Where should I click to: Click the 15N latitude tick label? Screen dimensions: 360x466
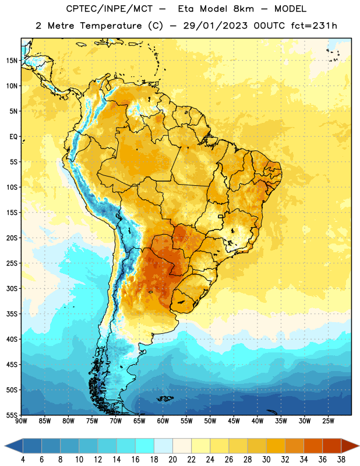click(12, 61)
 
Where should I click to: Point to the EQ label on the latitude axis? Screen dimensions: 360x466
click(13, 137)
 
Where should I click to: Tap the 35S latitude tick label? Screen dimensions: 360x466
click(12, 314)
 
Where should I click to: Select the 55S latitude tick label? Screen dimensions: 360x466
click(12, 415)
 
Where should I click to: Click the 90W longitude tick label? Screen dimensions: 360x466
click(21, 421)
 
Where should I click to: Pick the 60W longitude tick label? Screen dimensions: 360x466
click(163, 421)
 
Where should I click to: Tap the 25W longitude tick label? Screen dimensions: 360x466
click(328, 421)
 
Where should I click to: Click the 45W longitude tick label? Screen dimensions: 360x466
click(234, 421)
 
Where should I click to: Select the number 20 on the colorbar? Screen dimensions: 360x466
click(172, 460)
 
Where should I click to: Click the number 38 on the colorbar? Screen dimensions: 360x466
click(341, 460)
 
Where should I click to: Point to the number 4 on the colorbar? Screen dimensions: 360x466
click(23, 460)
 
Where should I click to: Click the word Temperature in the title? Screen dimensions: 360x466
click(111, 26)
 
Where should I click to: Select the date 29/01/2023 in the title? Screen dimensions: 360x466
click(215, 26)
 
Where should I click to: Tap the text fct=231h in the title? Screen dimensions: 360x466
click(314, 26)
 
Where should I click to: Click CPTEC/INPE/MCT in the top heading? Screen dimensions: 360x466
click(109, 9)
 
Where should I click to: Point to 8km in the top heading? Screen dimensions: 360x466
click(243, 9)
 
